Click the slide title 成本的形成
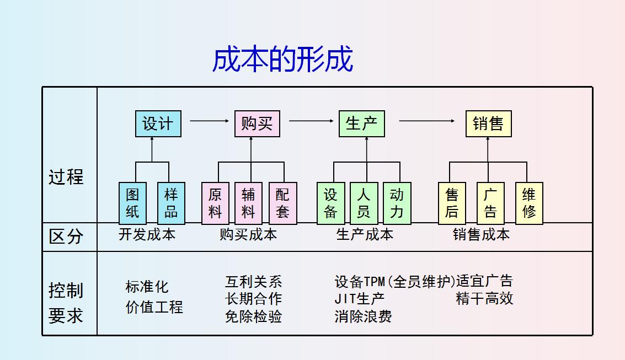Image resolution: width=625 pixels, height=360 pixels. click(282, 59)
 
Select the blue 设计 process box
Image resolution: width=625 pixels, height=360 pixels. click(158, 123)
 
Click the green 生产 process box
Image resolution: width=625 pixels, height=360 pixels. click(361, 123)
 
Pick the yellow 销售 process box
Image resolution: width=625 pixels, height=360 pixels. click(488, 123)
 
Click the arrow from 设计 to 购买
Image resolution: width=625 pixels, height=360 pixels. click(209, 121)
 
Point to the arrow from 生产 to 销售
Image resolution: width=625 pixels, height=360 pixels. click(426, 121)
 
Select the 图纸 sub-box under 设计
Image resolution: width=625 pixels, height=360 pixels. click(132, 203)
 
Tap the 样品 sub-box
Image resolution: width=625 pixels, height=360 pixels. click(171, 203)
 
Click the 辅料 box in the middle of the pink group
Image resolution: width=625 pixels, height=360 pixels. click(248, 203)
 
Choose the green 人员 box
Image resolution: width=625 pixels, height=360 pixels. click(364, 203)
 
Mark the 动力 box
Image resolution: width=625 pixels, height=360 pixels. click(397, 203)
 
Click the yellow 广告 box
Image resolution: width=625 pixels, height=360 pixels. click(490, 203)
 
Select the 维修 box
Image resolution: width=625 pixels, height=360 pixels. click(529, 203)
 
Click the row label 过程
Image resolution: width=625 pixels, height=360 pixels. click(66, 177)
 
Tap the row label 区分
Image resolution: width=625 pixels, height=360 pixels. click(66, 237)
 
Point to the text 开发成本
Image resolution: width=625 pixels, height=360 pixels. click(147, 234)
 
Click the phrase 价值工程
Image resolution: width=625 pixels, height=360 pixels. click(154, 307)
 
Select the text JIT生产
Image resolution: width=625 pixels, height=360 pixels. click(359, 299)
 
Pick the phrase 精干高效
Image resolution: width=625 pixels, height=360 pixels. click(484, 299)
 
